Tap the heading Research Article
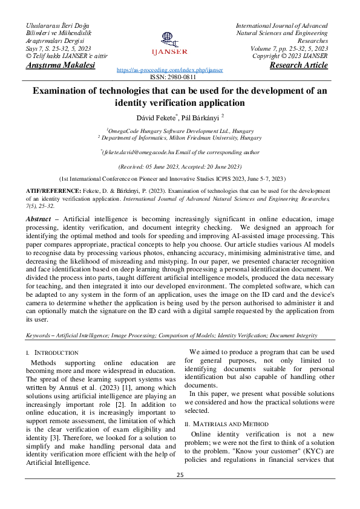(x=299, y=65)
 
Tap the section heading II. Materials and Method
(x=226, y=424)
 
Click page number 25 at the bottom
(x=180, y=475)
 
